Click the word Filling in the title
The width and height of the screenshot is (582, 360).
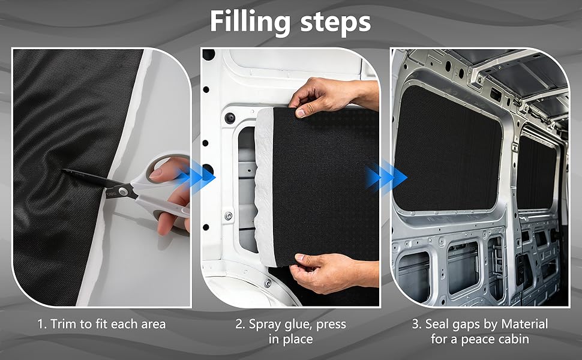(x=250, y=22)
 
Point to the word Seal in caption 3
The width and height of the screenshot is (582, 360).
(x=437, y=324)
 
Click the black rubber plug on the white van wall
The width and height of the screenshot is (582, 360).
(x=230, y=118)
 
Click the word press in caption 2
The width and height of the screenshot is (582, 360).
(x=331, y=325)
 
